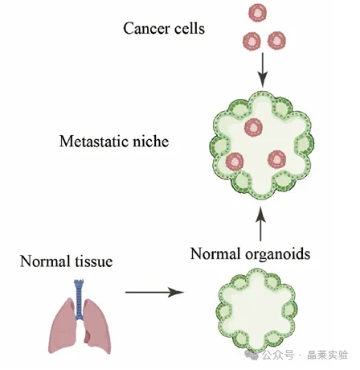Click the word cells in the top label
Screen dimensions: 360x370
click(190, 28)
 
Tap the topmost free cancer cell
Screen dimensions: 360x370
click(258, 13)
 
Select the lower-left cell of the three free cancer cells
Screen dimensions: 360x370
click(252, 41)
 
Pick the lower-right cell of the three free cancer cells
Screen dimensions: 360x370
click(277, 41)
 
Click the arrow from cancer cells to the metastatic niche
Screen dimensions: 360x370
click(263, 70)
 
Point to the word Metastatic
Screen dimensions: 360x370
click(94, 141)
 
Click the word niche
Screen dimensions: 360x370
click(151, 141)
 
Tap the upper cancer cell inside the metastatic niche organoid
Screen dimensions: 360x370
click(253, 127)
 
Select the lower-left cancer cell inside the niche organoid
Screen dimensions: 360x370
click(235, 162)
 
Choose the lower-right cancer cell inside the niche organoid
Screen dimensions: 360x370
click(276, 159)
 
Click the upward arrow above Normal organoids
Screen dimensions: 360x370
click(260, 224)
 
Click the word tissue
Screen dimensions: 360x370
click(94, 261)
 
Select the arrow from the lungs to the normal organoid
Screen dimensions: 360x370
click(155, 292)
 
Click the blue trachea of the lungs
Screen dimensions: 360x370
click(79, 298)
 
